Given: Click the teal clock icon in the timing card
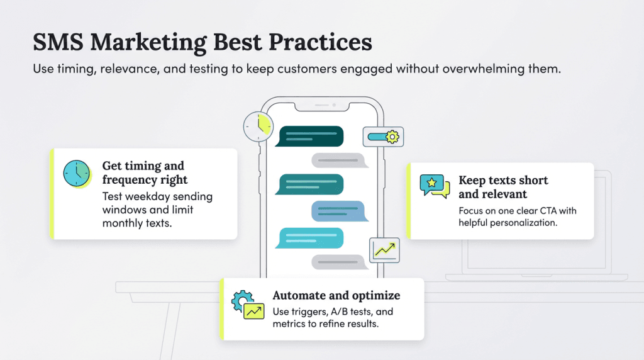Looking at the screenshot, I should pos(77,173).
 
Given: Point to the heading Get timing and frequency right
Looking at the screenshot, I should pos(145,173).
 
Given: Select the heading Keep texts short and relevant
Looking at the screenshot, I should pos(503,187).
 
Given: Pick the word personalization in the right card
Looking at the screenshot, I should pos(526,223).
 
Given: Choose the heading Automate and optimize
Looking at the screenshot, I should pos(336,295).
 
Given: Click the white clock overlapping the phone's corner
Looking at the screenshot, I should pos(258,126).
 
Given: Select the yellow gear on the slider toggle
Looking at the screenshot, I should pos(392,136).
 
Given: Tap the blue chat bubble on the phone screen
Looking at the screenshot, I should pos(338,211).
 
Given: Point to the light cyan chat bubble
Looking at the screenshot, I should pos(309,238).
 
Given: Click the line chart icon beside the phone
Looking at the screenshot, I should pos(384,249).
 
